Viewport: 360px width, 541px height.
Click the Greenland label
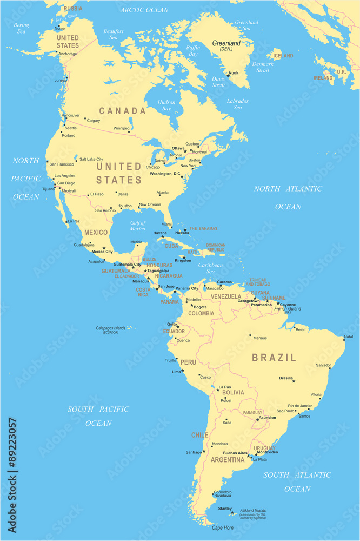(x=226, y=43)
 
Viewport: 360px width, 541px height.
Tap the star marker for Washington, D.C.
(x=182, y=176)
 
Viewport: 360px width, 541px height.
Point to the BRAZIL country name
(x=274, y=358)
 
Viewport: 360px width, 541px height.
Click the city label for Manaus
(x=259, y=338)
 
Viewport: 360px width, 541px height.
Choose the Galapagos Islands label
(x=111, y=328)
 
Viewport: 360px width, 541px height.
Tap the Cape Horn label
(x=222, y=527)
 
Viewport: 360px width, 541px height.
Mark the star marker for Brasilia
(x=294, y=381)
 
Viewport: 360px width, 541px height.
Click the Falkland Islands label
(x=253, y=510)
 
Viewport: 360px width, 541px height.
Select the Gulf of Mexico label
(x=138, y=226)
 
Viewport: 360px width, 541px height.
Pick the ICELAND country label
(x=283, y=56)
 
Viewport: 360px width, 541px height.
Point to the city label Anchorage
(x=68, y=54)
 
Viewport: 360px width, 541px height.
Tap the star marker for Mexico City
(x=104, y=248)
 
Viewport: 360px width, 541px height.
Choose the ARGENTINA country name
(x=228, y=460)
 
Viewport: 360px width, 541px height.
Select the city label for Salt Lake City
(x=91, y=159)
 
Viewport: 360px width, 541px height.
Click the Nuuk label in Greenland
(x=234, y=73)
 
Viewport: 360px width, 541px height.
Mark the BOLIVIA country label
(x=232, y=393)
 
